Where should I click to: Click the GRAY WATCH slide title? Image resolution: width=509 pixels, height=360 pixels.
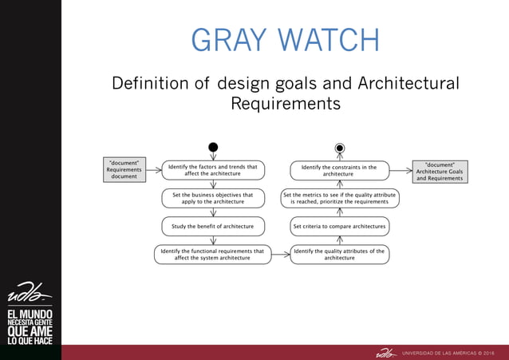pyautogui.click(x=285, y=41)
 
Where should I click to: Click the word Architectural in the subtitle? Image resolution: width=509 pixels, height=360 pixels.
pyautogui.click(x=408, y=84)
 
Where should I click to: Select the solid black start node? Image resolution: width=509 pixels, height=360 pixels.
pyautogui.click(x=213, y=147)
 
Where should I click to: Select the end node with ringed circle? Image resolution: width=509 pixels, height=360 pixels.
pyautogui.click(x=340, y=148)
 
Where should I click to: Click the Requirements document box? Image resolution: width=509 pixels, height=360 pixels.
pyautogui.click(x=124, y=169)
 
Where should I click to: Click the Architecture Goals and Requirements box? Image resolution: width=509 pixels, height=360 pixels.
pyautogui.click(x=440, y=172)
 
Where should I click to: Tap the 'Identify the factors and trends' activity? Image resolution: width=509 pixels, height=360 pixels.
pyautogui.click(x=213, y=171)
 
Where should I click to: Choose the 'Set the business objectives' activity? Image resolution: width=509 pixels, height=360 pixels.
pyautogui.click(x=213, y=198)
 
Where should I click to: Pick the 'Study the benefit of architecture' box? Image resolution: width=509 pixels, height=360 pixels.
pyautogui.click(x=213, y=226)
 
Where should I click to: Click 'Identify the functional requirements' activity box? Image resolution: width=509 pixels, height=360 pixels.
pyautogui.click(x=212, y=254)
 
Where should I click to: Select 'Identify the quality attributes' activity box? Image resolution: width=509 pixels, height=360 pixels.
pyautogui.click(x=339, y=254)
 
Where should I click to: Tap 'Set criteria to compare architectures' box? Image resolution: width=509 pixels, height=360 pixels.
pyautogui.click(x=339, y=226)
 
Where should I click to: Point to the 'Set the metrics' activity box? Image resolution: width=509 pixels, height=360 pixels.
pyautogui.click(x=339, y=198)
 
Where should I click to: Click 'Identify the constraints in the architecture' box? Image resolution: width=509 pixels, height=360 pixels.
pyautogui.click(x=339, y=171)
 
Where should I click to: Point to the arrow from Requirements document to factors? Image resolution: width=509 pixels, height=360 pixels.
pyautogui.click(x=152, y=170)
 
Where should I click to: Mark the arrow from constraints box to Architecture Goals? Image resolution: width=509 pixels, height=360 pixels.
pyautogui.click(x=401, y=170)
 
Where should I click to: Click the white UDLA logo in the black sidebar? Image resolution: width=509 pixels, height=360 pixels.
pyautogui.click(x=30, y=293)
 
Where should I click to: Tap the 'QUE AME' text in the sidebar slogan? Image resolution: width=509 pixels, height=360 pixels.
pyautogui.click(x=30, y=330)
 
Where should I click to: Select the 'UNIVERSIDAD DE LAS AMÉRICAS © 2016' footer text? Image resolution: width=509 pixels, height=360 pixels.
pyautogui.click(x=448, y=352)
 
